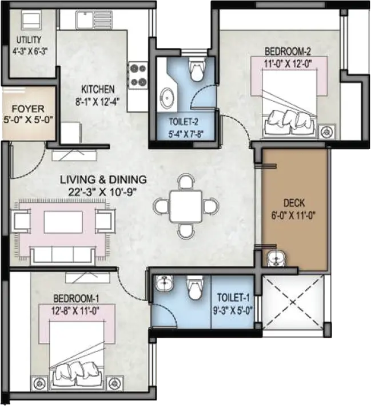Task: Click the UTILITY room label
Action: click(x=29, y=40)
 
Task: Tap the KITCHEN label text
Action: click(x=98, y=89)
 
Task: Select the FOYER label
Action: click(x=28, y=109)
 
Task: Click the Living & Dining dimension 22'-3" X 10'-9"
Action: click(x=103, y=192)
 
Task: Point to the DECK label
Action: click(x=294, y=203)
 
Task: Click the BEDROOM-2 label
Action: click(x=288, y=51)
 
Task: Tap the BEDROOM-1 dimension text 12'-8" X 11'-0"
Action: click(x=75, y=310)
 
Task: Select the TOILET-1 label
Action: click(x=233, y=297)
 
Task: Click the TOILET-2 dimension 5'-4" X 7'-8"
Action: click(x=186, y=134)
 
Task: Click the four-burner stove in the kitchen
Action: click(x=138, y=75)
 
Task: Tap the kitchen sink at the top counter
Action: click(x=94, y=20)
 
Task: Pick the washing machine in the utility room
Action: click(x=31, y=20)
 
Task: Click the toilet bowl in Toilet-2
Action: click(x=197, y=69)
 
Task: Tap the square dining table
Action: click(x=186, y=206)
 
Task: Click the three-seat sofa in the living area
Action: click(x=63, y=256)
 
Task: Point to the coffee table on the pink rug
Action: click(x=63, y=222)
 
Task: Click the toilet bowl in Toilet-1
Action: click(x=194, y=287)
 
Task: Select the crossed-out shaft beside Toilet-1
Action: click(x=293, y=302)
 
